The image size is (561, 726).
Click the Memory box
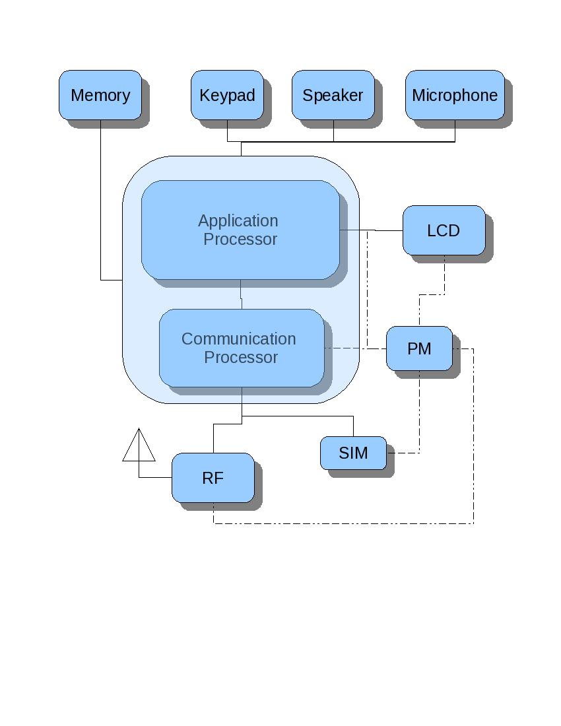coord(100,95)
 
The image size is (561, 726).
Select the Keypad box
coord(227,95)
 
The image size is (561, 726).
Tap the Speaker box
coord(333,95)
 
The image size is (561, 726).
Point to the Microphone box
coord(455,95)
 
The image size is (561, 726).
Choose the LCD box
coord(444,230)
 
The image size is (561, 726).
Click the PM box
coord(419,348)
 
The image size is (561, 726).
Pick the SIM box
coord(353,453)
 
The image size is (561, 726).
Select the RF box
coord(213,478)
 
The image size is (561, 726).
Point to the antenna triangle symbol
coord(139,447)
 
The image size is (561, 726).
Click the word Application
coord(238,220)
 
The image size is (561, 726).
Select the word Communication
coord(239,339)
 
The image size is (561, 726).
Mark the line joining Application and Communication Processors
coord(241,295)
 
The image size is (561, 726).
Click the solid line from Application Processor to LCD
coord(383,230)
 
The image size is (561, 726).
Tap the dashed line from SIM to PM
coord(419,422)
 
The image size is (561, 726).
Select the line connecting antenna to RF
coord(156,477)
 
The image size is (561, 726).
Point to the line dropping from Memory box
coord(100,198)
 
